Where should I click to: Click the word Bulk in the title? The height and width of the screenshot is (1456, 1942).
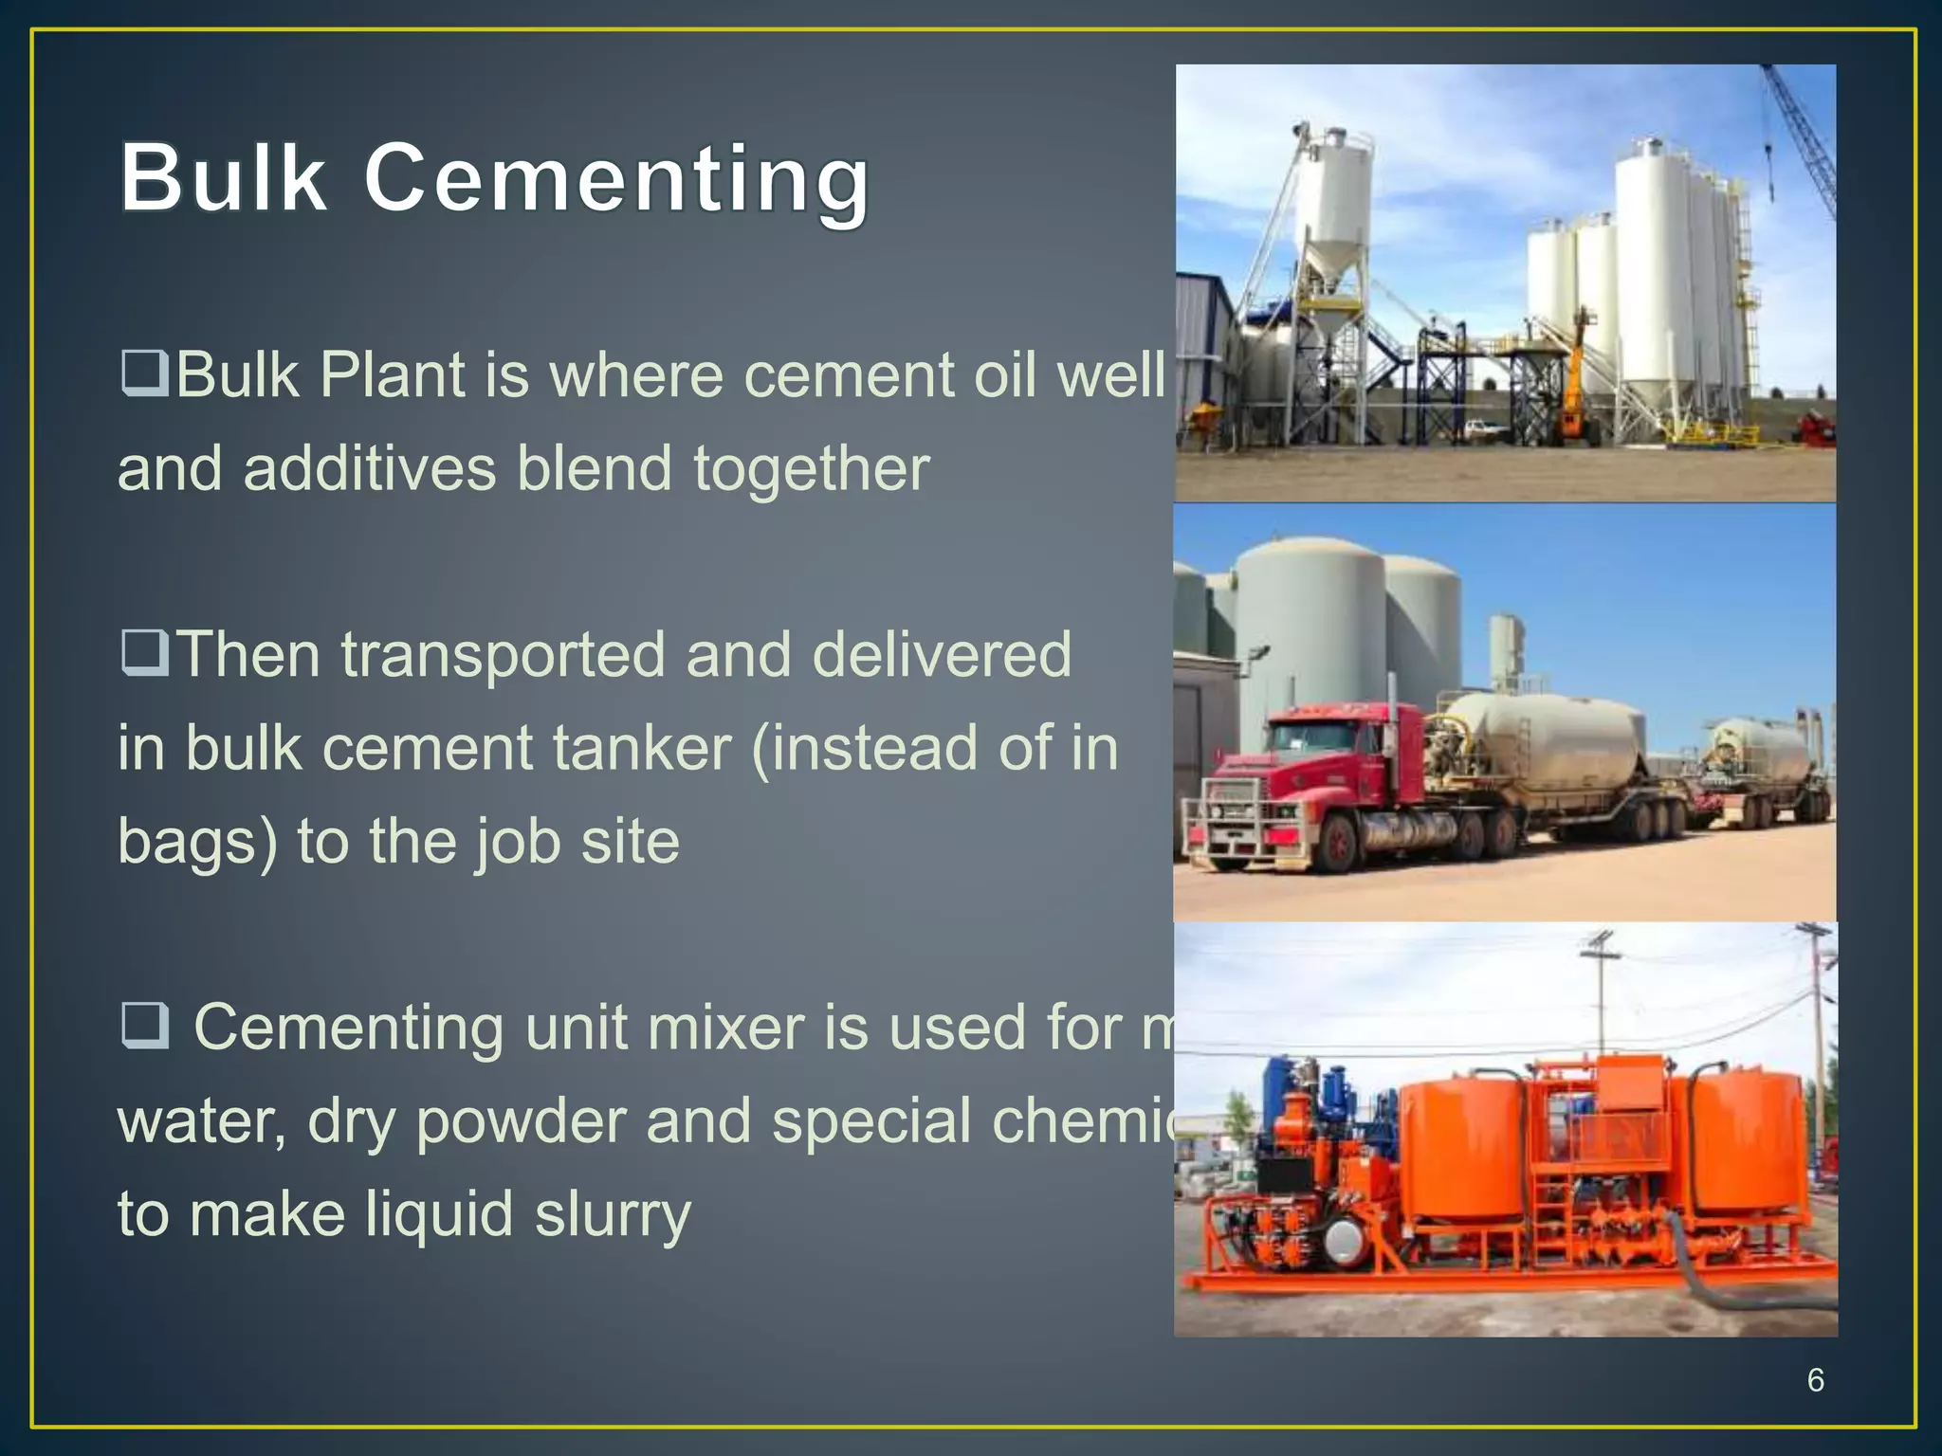tap(223, 178)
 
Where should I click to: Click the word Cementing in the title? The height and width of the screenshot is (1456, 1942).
tap(616, 178)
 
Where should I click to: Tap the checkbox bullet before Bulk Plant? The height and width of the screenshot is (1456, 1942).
tap(144, 373)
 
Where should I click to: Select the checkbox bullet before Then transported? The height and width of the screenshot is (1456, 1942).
tap(144, 653)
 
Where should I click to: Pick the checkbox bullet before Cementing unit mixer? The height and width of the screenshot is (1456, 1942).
tap(144, 1028)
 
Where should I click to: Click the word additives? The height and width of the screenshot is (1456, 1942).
tap(370, 468)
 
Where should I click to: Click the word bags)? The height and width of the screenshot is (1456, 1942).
tap(197, 843)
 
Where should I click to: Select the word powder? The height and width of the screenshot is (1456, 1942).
tap(521, 1121)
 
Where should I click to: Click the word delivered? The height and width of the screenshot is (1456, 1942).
tap(941, 654)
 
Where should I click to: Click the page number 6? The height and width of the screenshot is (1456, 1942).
tap(1815, 1380)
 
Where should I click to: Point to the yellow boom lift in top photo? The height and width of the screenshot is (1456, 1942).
tap(1577, 379)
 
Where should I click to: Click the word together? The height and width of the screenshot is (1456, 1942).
tap(811, 468)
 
